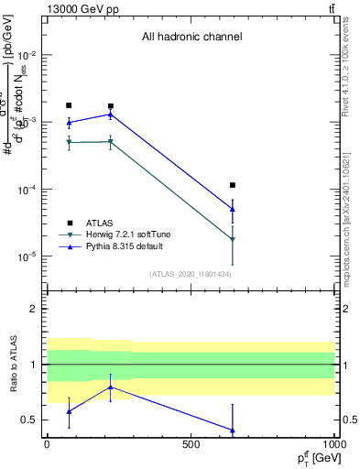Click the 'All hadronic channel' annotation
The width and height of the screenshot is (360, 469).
click(x=191, y=38)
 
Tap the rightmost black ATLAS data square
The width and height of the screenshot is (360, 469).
click(x=233, y=185)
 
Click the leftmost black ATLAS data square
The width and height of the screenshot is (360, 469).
click(x=69, y=105)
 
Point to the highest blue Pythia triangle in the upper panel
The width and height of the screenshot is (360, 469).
click(x=111, y=115)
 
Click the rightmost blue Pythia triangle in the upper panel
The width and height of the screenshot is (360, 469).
click(x=233, y=209)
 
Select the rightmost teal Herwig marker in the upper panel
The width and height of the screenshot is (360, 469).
click(x=233, y=239)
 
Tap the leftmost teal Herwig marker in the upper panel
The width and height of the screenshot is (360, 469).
click(x=69, y=142)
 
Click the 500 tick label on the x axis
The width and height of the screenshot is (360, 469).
click(x=191, y=444)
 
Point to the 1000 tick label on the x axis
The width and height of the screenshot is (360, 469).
click(x=333, y=444)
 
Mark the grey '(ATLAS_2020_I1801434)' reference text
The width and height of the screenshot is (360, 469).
click(x=191, y=274)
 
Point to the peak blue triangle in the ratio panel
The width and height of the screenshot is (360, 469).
click(x=111, y=387)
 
